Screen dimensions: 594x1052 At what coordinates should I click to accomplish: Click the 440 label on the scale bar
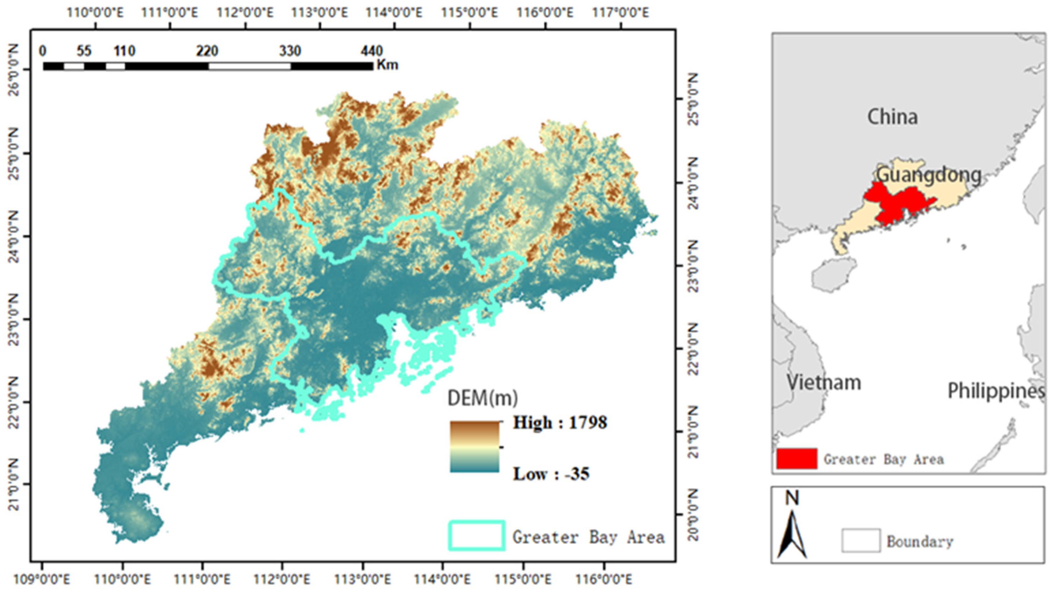[372, 51]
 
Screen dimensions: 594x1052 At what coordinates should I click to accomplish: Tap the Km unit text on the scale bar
[387, 64]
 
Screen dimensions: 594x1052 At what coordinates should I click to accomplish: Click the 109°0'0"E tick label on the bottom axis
[42, 580]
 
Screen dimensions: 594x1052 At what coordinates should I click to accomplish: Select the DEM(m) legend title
[482, 397]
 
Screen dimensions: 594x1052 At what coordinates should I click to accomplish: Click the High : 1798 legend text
[560, 422]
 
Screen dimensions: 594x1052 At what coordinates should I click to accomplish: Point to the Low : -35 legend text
[551, 474]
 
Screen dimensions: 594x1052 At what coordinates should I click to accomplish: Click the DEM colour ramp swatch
[475, 447]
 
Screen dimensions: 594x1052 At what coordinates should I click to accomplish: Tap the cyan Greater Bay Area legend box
[477, 535]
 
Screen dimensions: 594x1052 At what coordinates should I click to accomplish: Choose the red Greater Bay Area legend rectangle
[797, 458]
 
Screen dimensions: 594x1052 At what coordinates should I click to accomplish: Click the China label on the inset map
[892, 117]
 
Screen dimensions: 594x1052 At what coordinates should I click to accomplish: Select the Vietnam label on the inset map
[824, 383]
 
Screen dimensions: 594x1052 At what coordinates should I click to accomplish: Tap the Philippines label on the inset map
[996, 391]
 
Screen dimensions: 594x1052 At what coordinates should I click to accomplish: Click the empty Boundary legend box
[861, 540]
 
